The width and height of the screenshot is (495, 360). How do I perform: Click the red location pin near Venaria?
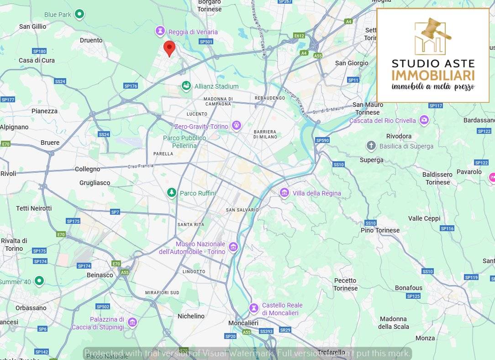pyautogui.click(x=169, y=48)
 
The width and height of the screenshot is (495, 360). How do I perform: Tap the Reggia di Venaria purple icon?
pyautogui.click(x=160, y=31)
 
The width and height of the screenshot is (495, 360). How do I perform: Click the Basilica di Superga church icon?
pyautogui.click(x=371, y=146)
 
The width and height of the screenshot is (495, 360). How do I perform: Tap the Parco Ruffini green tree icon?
pyautogui.click(x=171, y=193)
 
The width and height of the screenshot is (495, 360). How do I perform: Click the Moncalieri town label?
pyautogui.click(x=243, y=323)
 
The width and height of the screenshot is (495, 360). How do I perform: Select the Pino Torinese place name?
pyautogui.click(x=380, y=230)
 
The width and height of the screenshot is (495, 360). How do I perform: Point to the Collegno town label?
pyautogui.click(x=87, y=169)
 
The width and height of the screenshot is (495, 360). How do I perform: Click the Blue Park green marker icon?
pyautogui.click(x=79, y=14)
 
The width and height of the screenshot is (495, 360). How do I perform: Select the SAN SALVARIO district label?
pyautogui.click(x=242, y=210)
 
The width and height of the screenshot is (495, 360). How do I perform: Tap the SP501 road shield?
pyautogui.click(x=206, y=42)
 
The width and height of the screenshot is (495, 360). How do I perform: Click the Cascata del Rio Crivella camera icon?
pyautogui.click(x=425, y=120)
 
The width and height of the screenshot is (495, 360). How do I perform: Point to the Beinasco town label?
pyautogui.click(x=100, y=275)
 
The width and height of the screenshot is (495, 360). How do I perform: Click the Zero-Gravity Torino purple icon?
pyautogui.click(x=236, y=125)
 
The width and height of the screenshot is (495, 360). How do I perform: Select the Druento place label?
pyautogui.click(x=91, y=40)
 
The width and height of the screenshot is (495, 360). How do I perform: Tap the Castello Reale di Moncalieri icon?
pyautogui.click(x=254, y=308)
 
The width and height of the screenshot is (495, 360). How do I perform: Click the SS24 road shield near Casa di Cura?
pyautogui.click(x=60, y=81)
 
